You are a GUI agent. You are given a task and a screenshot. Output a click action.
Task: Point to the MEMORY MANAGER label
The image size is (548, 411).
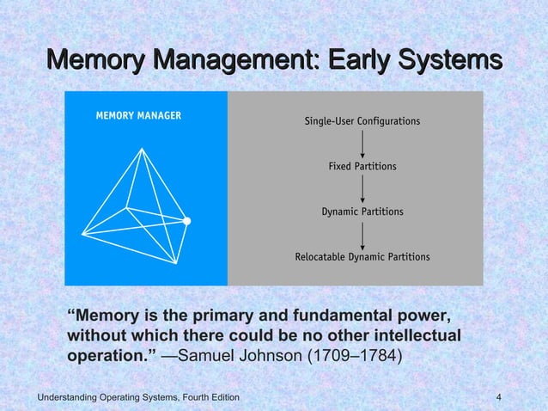pos(132,116)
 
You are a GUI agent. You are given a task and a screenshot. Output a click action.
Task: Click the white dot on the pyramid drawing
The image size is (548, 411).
pos(186,221)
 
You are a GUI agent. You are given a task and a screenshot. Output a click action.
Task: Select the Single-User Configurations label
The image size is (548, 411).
pos(362,121)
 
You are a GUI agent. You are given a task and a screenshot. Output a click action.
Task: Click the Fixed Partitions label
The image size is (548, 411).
pos(362,166)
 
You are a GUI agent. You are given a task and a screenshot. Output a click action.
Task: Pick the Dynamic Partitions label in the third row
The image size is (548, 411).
pos(362,212)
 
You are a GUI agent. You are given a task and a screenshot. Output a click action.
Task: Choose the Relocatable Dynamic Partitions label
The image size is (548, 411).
pos(362,256)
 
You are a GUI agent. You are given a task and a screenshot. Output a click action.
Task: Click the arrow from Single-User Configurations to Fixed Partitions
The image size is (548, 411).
pos(362,144)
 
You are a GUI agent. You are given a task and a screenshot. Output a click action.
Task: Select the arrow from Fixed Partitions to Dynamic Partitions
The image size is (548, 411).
pos(362,189)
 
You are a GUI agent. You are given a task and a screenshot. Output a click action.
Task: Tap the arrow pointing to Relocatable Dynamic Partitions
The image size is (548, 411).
pos(362,234)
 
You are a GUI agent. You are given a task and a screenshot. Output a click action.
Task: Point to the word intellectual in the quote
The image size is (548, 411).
pos(411,333)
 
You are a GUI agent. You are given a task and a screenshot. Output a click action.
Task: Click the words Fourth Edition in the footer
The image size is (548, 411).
pos(204,396)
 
